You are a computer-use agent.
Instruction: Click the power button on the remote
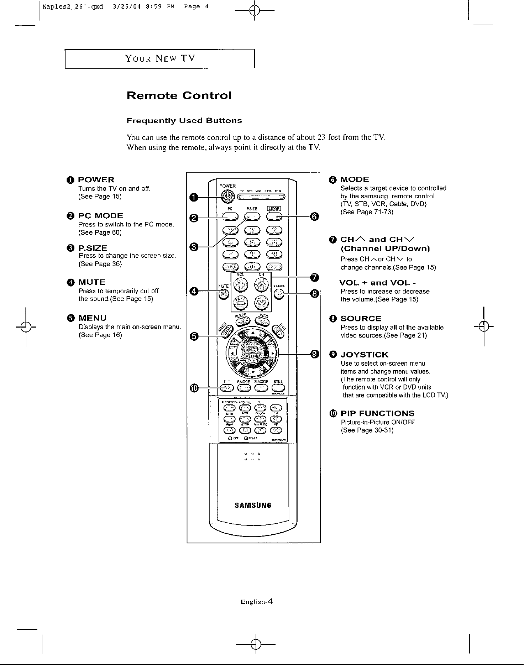(x=226, y=197)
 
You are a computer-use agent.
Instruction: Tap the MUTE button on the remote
(x=223, y=294)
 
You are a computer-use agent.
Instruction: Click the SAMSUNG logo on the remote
(x=253, y=505)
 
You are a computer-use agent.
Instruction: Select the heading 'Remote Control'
(x=179, y=96)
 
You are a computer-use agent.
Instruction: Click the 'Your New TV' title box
(x=160, y=58)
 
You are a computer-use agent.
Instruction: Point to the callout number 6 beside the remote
(x=314, y=217)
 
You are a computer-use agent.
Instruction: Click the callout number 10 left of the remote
(x=194, y=388)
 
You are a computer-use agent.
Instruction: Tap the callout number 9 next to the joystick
(x=314, y=354)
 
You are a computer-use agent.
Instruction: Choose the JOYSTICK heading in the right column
(x=364, y=355)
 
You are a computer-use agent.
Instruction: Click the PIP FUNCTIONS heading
(x=377, y=413)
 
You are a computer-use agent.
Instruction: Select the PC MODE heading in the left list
(x=101, y=216)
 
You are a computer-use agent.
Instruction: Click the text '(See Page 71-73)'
(x=367, y=212)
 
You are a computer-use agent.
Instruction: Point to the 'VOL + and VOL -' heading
(x=378, y=283)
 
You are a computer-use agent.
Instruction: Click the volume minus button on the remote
(x=240, y=303)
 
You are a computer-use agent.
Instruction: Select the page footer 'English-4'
(x=257, y=602)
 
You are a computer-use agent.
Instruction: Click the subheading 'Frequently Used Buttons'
(x=184, y=121)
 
